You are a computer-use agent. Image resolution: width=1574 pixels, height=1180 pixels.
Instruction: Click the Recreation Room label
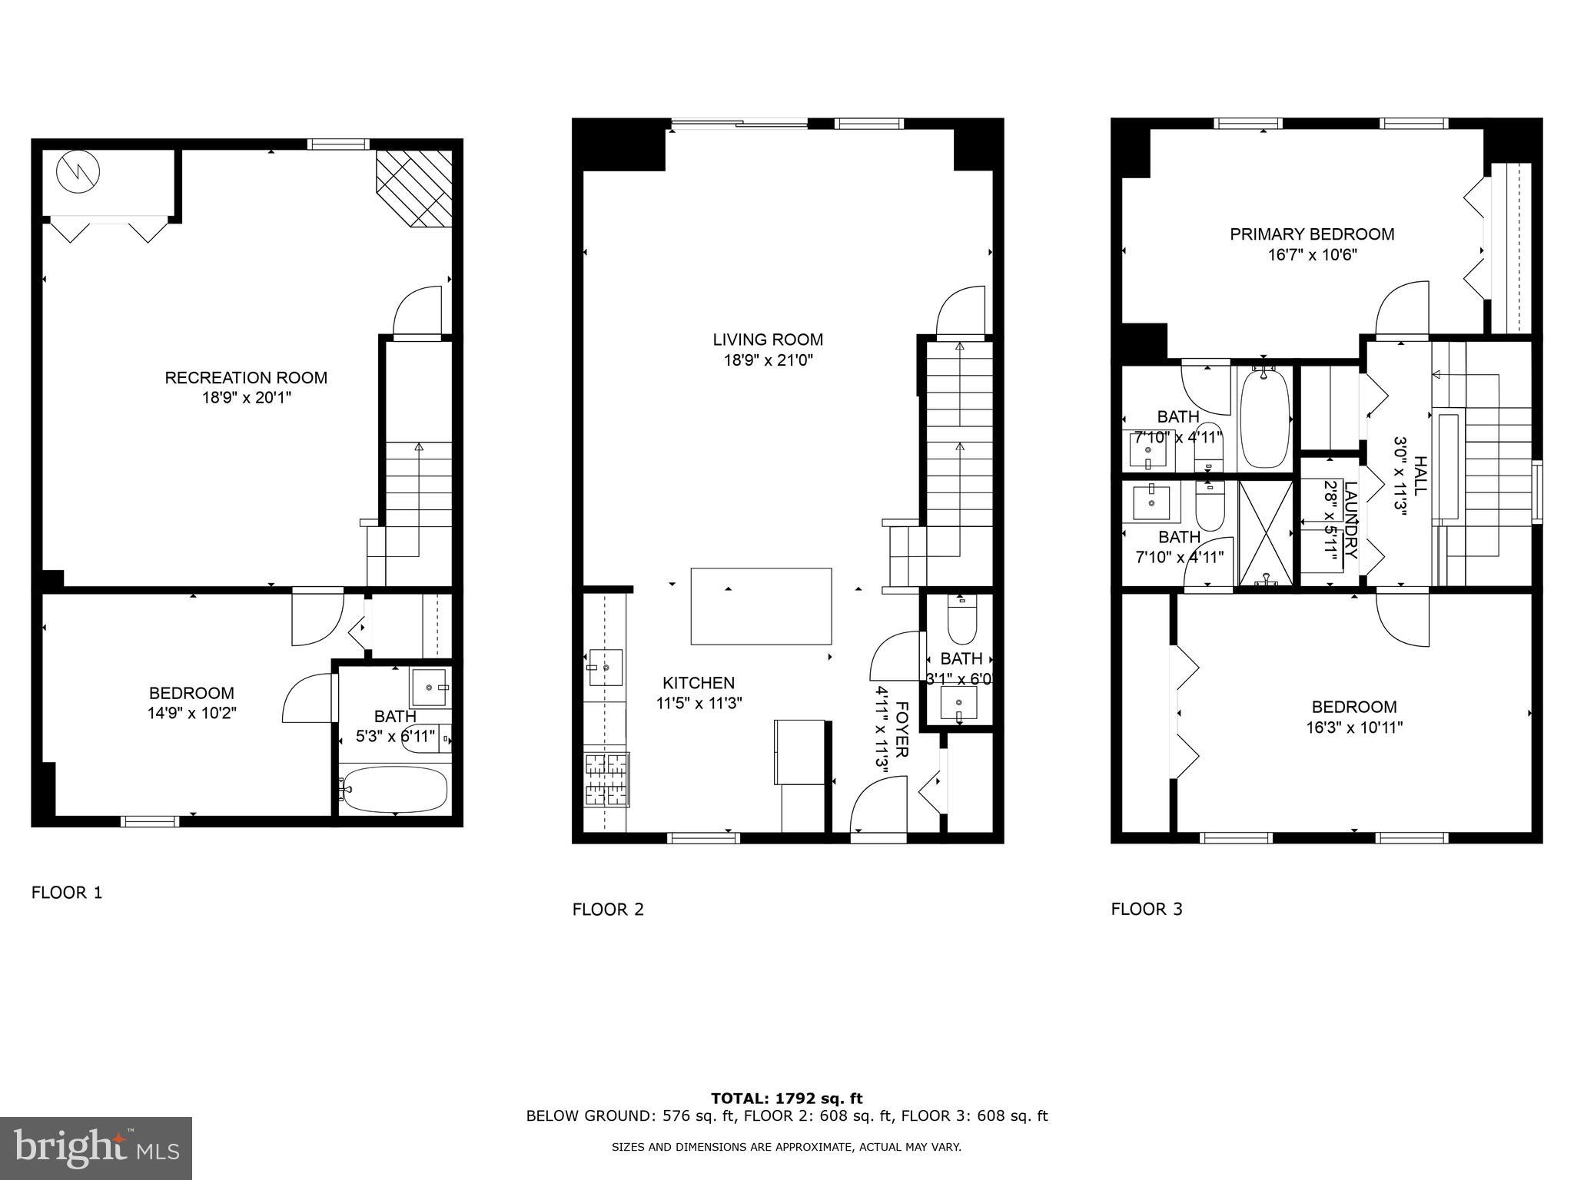[246, 377]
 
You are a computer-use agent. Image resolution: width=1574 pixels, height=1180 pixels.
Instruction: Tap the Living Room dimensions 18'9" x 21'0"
[767, 360]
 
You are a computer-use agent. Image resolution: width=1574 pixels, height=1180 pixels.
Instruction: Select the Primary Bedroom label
[1312, 234]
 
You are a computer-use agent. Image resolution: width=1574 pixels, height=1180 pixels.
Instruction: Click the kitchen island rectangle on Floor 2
[761, 606]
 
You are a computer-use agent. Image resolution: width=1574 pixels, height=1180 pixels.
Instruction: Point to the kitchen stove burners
[606, 779]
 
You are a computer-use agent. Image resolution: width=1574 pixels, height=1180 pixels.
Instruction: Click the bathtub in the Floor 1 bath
[395, 789]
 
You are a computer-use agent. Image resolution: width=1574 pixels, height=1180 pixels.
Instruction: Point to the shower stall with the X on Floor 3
[1266, 531]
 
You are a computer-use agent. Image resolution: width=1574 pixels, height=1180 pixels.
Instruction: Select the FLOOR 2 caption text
[608, 910]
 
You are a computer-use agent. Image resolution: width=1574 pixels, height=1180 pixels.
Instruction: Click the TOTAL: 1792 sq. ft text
[786, 1099]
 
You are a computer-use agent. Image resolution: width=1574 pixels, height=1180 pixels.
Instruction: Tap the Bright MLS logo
[96, 1148]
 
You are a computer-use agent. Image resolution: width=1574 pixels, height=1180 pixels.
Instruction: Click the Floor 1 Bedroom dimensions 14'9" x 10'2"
[191, 713]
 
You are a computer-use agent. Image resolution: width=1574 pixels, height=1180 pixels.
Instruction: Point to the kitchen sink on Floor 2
[606, 667]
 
